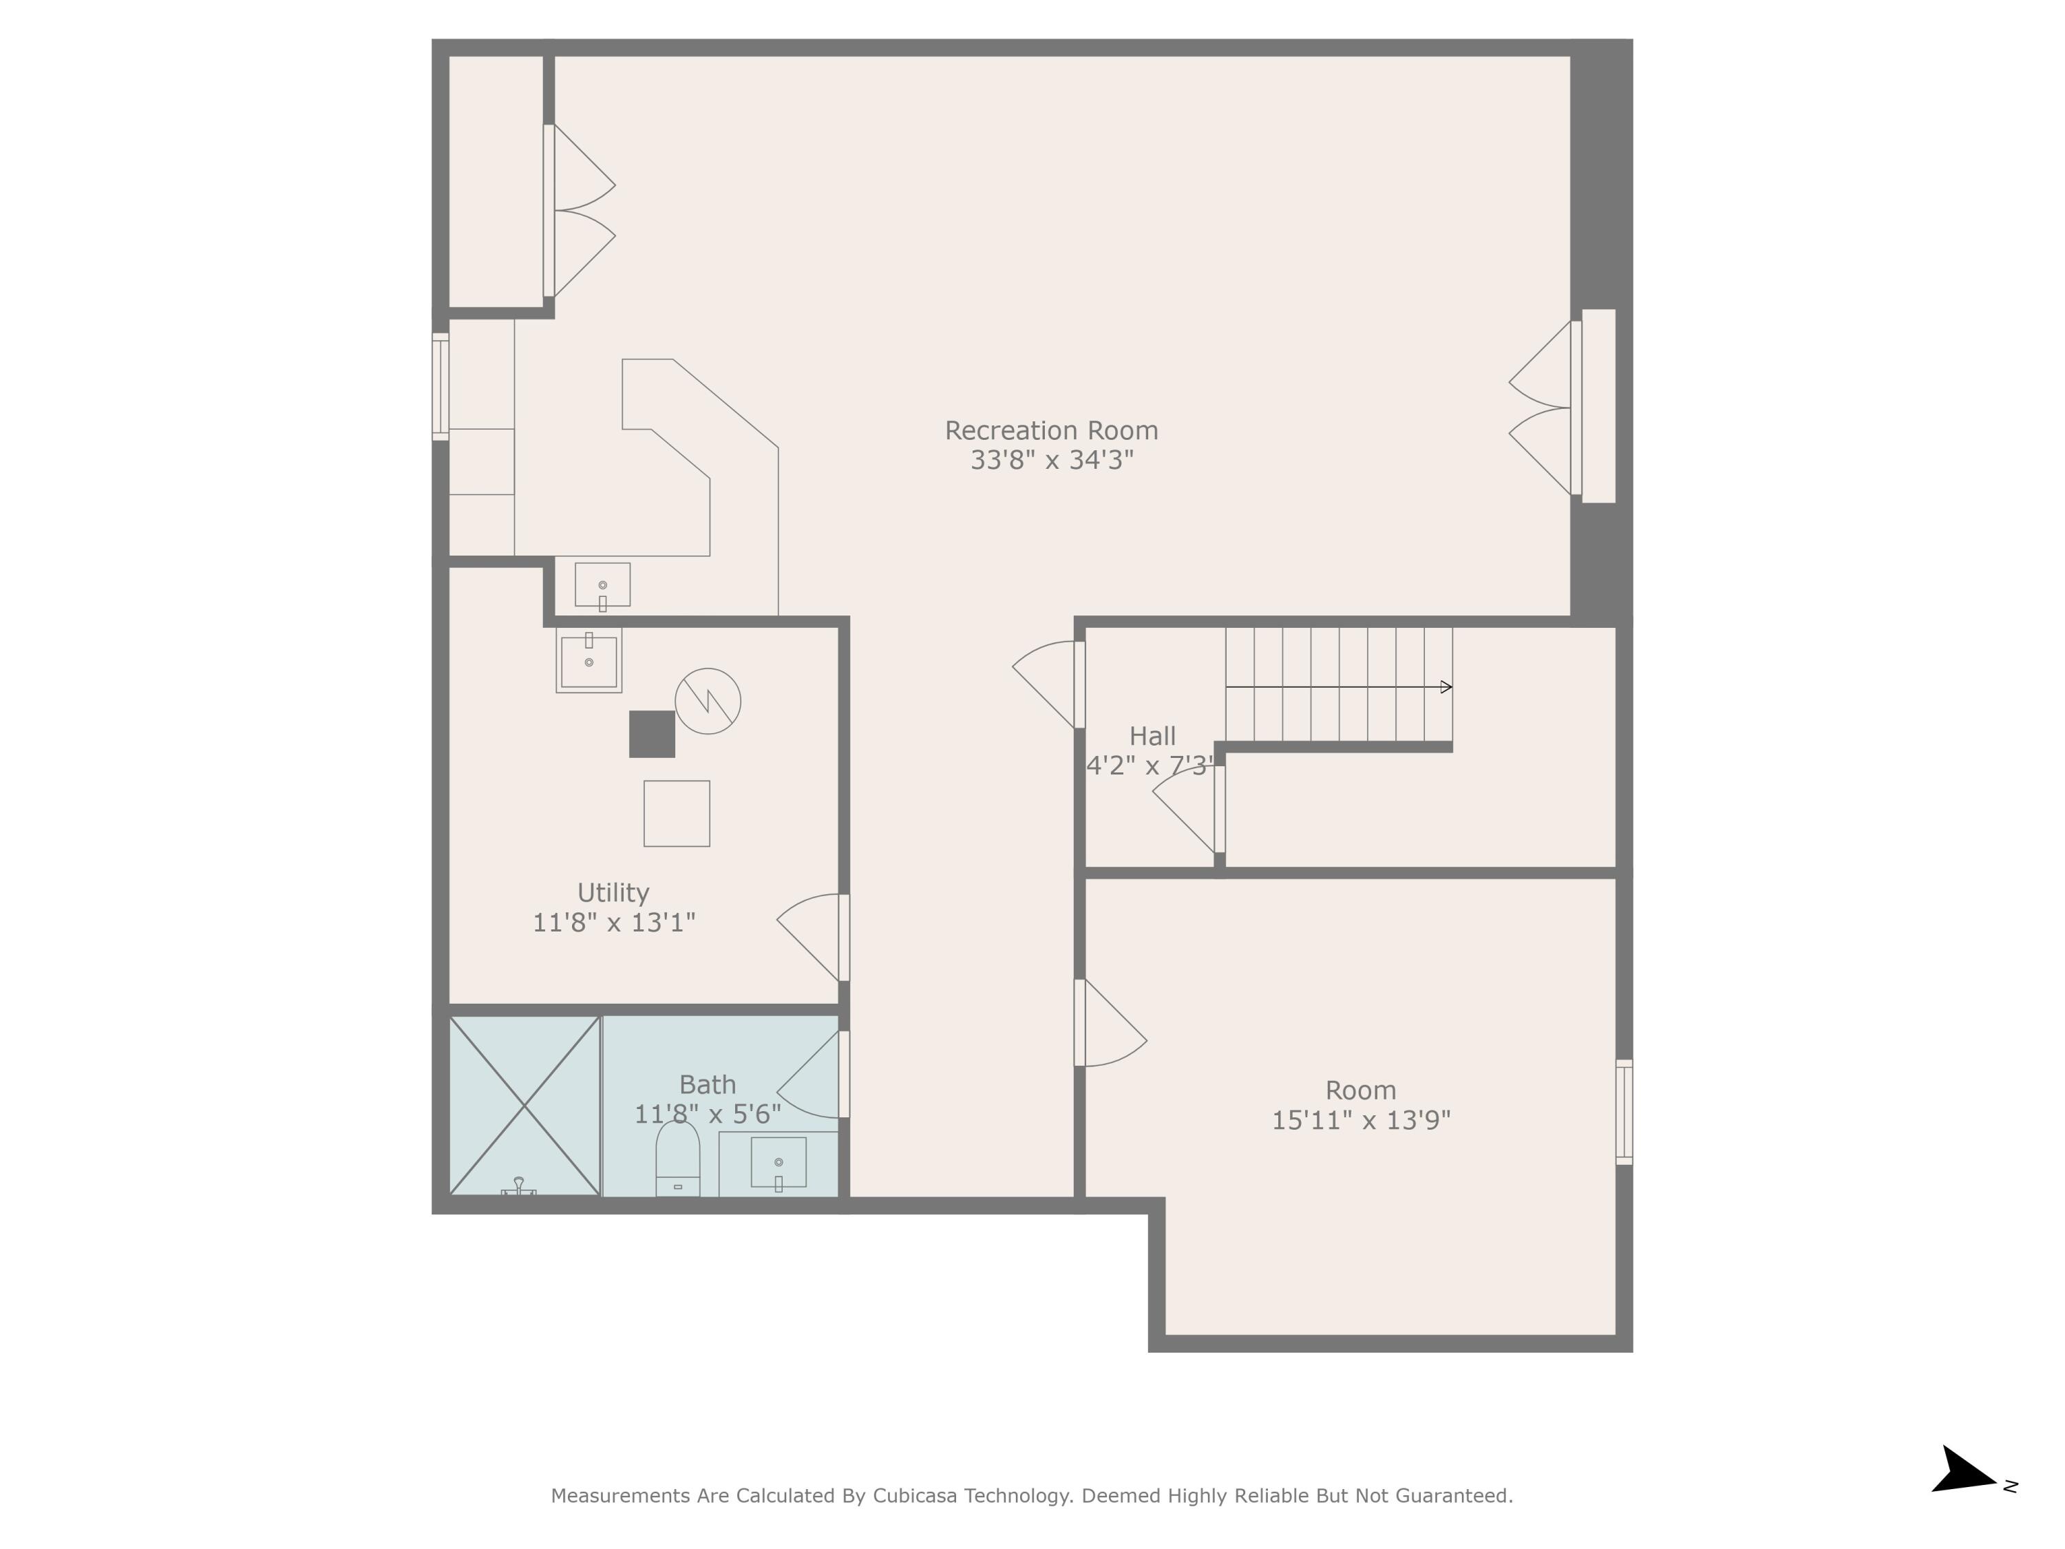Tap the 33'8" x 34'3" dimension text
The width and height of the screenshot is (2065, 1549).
point(1051,461)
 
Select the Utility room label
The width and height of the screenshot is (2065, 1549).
point(613,893)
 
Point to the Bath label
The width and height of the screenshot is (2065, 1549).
point(707,1085)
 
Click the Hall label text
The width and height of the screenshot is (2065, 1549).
point(1152,737)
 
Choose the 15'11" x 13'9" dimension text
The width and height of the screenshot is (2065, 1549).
point(1360,1120)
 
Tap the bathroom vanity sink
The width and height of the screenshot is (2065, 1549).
point(778,1163)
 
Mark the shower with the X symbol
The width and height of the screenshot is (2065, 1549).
point(524,1106)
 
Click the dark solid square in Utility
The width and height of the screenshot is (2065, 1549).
point(652,734)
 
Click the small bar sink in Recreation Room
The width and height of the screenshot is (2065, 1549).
point(602,584)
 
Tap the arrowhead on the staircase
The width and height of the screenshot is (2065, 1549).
point(1446,687)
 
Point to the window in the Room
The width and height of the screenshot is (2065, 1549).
point(1624,1112)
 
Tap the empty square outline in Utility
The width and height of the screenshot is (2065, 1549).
point(676,813)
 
